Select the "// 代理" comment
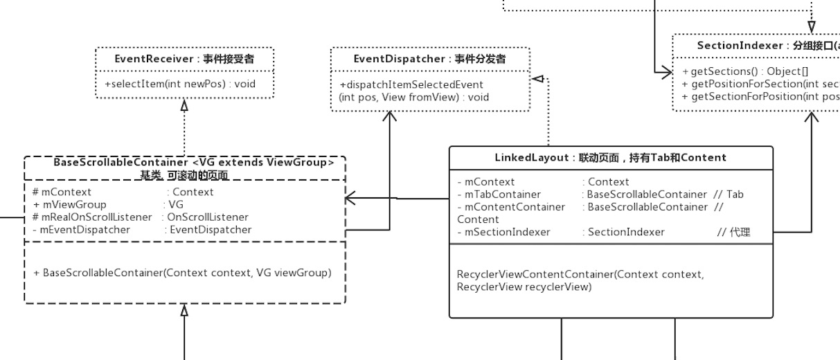point(734,232)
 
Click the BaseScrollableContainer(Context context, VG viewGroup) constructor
point(182,273)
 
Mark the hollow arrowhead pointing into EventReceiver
point(184,105)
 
